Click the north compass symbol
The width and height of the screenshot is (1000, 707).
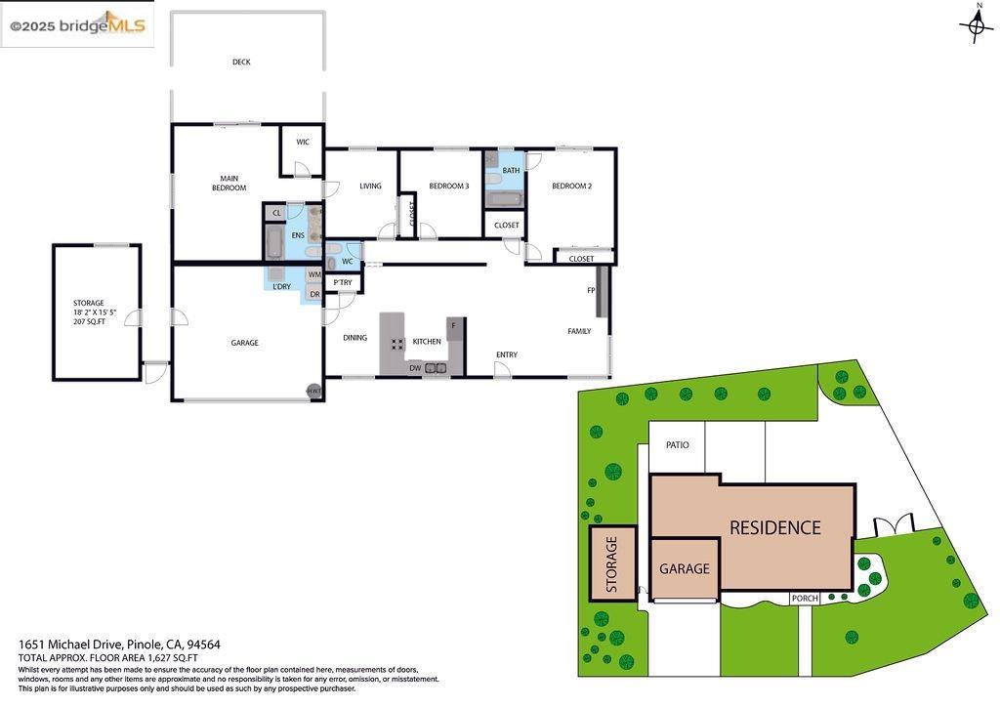(977, 25)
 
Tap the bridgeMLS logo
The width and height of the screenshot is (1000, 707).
(78, 25)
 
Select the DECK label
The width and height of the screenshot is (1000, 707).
(241, 62)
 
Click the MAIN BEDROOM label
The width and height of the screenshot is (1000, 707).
(229, 183)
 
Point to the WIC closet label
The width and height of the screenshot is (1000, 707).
(303, 143)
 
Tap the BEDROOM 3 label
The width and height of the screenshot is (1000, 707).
(449, 186)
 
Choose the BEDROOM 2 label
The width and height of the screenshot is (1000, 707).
(571, 186)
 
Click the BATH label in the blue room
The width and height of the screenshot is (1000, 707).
(511, 171)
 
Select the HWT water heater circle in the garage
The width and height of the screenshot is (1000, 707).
(313, 391)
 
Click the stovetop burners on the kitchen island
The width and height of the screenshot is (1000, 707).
(397, 343)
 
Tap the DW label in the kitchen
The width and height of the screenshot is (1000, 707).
(415, 368)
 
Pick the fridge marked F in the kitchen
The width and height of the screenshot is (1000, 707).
(453, 324)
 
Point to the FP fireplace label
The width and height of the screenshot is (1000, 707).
(591, 291)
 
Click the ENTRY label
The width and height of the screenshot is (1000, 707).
(507, 354)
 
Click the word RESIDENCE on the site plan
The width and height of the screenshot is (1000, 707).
(775, 527)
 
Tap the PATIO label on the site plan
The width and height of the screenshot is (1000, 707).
(677, 445)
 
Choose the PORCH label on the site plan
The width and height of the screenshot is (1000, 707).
(805, 599)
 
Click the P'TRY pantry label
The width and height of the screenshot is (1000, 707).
(342, 283)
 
